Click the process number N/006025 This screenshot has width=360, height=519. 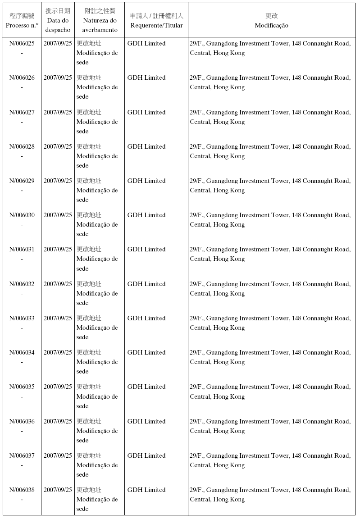[x=22, y=43]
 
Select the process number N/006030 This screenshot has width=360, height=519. [x=22, y=215]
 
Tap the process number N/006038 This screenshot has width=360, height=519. [x=22, y=490]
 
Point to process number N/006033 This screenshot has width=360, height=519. [x=22, y=318]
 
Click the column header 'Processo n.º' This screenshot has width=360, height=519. [x=22, y=25]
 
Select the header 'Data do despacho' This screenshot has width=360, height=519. [x=58, y=25]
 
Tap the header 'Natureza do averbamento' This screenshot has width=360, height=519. [x=100, y=25]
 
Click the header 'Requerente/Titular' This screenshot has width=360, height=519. [x=156, y=25]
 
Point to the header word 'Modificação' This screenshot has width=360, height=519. [x=271, y=25]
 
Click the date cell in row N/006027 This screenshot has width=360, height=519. [x=58, y=112]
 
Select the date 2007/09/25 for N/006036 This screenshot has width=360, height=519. [x=58, y=421]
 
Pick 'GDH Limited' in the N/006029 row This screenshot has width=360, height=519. [x=146, y=181]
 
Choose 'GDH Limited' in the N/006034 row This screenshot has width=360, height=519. [x=146, y=352]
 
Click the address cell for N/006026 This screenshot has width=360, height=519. [x=270, y=82]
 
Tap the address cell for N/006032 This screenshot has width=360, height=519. [x=270, y=288]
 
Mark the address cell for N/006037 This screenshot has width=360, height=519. [x=270, y=460]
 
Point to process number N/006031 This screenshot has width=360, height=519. [x=22, y=249]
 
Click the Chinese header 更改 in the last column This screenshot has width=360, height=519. [x=271, y=16]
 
